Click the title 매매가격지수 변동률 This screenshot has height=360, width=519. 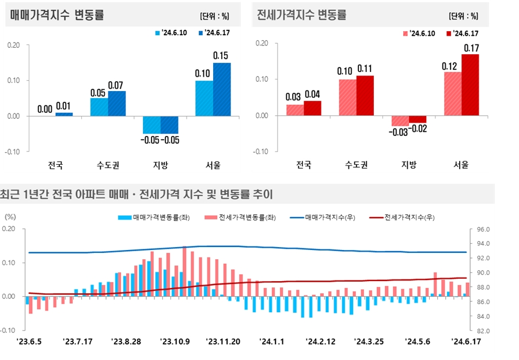(58, 16)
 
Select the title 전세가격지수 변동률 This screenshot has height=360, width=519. (301, 16)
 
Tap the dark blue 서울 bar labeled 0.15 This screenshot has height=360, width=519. (222, 89)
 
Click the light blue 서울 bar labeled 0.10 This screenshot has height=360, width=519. (204, 98)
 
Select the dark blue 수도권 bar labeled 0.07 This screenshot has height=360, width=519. (117, 103)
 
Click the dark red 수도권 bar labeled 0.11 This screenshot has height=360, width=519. (365, 95)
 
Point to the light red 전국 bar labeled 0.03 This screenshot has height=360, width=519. (295, 109)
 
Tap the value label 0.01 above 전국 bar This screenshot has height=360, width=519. (64, 107)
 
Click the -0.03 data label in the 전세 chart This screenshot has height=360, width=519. (400, 133)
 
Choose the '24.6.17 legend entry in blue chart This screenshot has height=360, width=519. (216, 32)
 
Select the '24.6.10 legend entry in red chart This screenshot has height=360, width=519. (419, 33)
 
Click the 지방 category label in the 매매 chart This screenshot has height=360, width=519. (161, 165)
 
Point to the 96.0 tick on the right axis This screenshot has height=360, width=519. (483, 229)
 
